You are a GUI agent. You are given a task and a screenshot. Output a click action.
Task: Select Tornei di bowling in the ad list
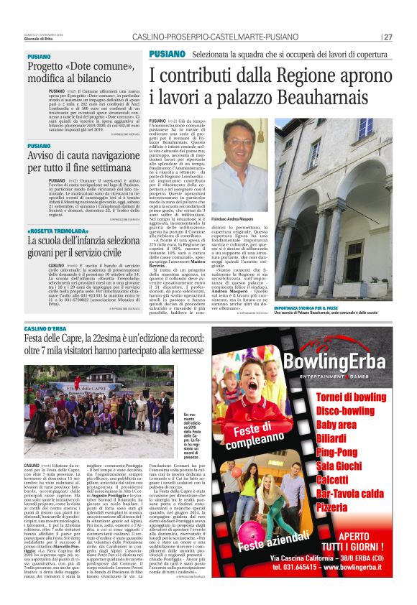point(351,397)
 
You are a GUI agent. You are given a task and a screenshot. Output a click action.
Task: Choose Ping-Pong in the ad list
point(336,452)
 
